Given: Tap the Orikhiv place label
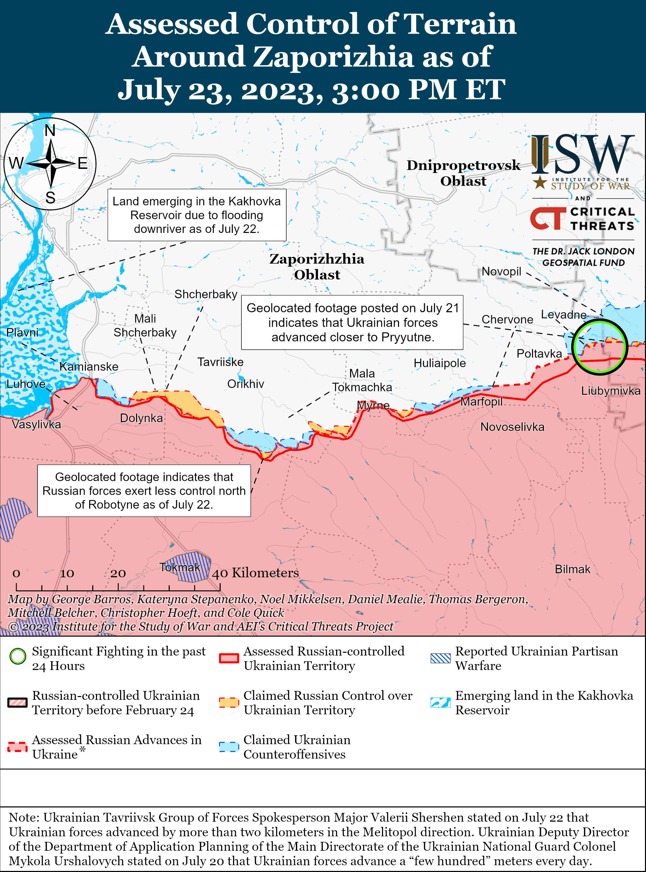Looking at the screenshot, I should pos(245,384).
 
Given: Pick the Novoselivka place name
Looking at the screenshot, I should pos(512,427).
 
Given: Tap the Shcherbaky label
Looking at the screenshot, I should pos(206,294).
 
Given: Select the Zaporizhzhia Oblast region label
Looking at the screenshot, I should pos(317,267).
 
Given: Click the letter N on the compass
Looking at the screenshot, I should pos(50,131).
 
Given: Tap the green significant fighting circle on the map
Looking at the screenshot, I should pos(599,347).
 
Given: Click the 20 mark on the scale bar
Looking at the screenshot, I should pos(118,573).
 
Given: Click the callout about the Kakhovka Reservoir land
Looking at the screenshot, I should pos(197,215).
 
